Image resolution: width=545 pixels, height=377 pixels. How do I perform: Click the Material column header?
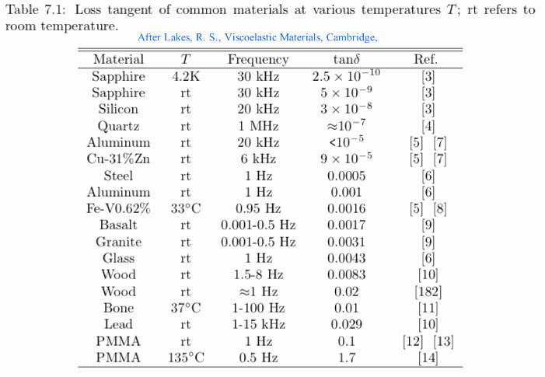coord(118,59)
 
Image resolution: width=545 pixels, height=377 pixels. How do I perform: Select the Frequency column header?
coord(258,59)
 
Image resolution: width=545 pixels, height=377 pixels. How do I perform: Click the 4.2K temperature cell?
coord(186,76)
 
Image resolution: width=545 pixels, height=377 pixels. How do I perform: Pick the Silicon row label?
coord(118,110)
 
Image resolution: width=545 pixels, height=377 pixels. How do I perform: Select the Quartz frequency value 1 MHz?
coord(258,126)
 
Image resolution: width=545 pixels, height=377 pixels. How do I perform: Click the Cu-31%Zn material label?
coord(118,159)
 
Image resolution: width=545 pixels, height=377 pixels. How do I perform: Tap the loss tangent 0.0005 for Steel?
coord(346,176)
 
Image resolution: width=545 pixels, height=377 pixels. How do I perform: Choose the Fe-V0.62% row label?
coord(118,208)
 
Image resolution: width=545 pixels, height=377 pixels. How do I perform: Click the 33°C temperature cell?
coord(186,208)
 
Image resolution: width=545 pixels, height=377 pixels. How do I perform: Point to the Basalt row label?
coord(118,225)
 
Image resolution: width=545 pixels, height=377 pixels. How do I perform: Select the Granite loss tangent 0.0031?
coord(346,242)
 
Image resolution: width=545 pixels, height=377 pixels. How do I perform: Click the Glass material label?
coord(118,258)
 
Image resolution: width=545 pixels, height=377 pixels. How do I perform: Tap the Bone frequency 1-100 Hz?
coord(258,308)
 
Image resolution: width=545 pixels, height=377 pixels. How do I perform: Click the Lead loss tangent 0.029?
coord(346,324)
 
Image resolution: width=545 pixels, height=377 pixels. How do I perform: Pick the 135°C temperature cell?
coord(186,358)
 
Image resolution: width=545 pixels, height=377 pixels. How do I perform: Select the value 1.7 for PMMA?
coord(346,358)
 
